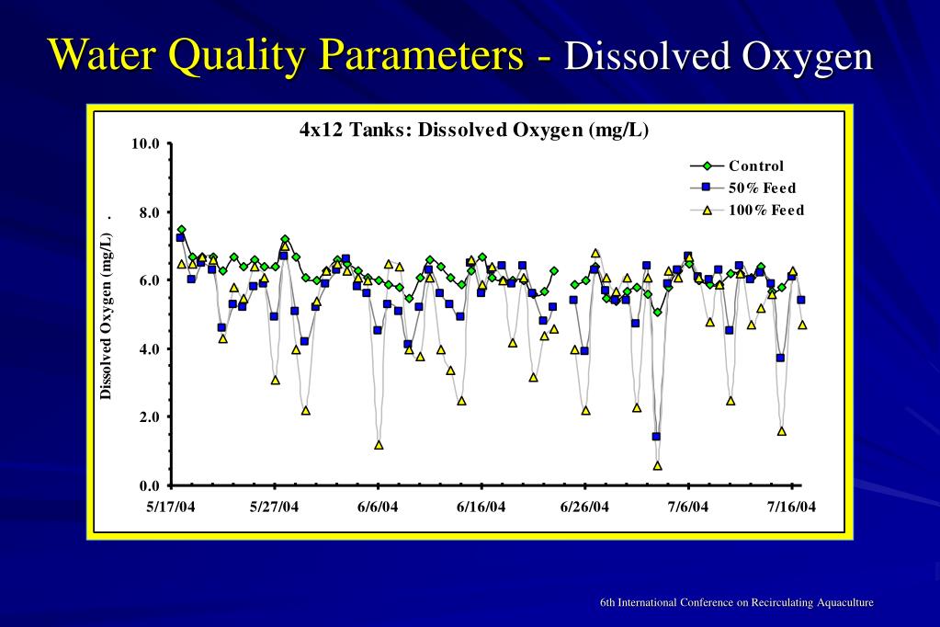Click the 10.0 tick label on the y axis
click(x=145, y=144)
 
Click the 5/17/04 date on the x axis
click(x=171, y=507)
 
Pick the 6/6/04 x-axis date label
click(x=378, y=507)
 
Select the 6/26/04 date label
click(x=585, y=507)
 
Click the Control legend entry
click(x=756, y=166)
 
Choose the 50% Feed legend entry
click(x=762, y=188)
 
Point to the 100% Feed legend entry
click(x=765, y=211)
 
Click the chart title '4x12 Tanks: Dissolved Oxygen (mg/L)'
click(x=474, y=130)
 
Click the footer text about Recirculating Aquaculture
click(x=736, y=602)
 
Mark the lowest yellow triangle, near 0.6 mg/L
click(x=657, y=465)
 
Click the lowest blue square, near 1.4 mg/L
click(x=656, y=437)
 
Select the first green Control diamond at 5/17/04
click(x=181, y=230)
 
